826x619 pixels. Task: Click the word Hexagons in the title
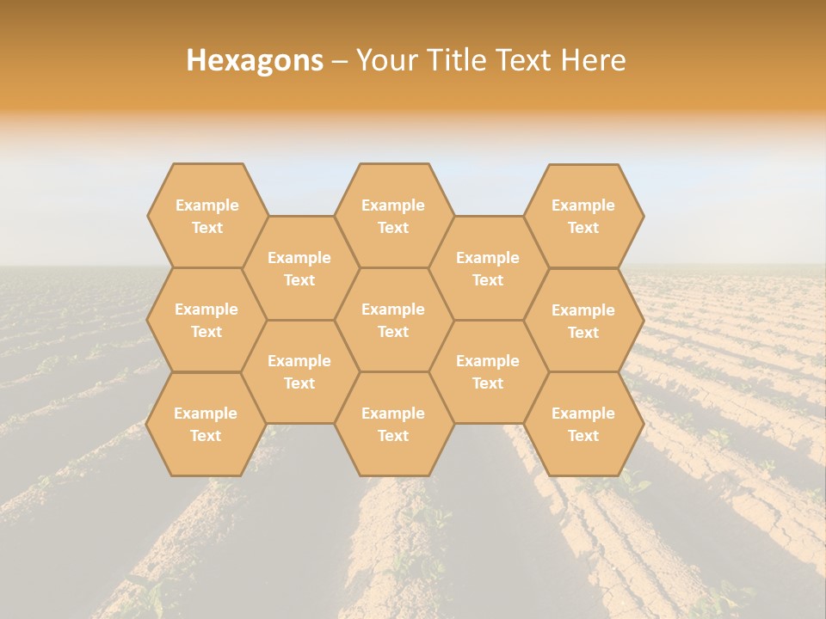(255, 60)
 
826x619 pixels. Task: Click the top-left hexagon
(206, 216)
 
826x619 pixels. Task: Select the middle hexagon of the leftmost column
(206, 320)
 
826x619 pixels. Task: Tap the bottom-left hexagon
(206, 424)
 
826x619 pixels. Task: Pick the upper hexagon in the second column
(299, 268)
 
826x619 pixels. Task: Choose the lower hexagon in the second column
(299, 371)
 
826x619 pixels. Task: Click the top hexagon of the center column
(393, 216)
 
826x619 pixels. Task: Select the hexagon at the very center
(393, 320)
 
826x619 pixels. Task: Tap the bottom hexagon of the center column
(393, 424)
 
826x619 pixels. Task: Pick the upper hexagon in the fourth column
(488, 268)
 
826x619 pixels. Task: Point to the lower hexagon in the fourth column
(488, 371)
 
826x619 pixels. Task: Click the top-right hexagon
(583, 216)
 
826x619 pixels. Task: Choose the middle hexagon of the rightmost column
(583, 321)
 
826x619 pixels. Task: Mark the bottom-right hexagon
(583, 424)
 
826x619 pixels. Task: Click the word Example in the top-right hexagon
(583, 205)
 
